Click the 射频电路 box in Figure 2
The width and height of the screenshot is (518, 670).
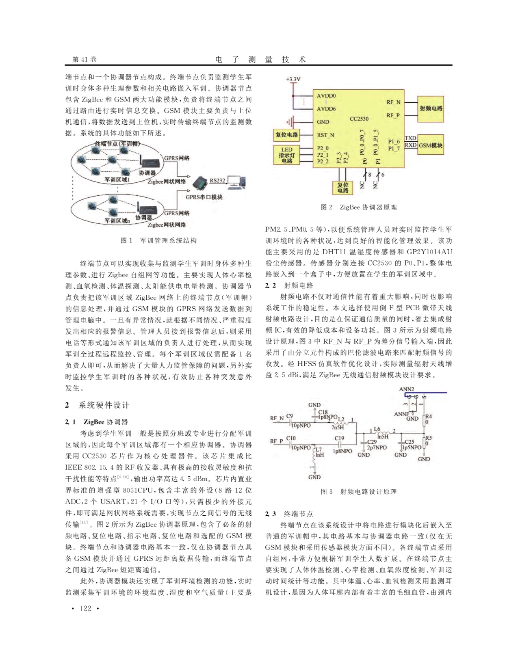(431, 108)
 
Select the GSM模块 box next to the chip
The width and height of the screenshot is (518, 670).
(430, 145)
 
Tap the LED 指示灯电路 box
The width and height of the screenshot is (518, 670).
(286, 155)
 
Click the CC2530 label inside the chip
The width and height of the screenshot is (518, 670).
(359, 119)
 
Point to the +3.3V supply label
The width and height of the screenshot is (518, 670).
(293, 79)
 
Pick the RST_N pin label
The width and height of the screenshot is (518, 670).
(325, 135)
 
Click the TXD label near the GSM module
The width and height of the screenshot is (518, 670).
(410, 138)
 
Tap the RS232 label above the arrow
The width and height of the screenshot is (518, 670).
(217, 180)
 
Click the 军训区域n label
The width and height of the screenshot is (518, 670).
(117, 220)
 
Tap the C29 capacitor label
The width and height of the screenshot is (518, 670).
(372, 441)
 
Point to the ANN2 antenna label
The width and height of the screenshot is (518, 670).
(406, 389)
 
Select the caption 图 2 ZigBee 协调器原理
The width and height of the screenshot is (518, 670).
(358, 207)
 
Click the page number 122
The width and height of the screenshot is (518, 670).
(85, 608)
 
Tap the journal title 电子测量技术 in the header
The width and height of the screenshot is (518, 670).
(260, 59)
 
